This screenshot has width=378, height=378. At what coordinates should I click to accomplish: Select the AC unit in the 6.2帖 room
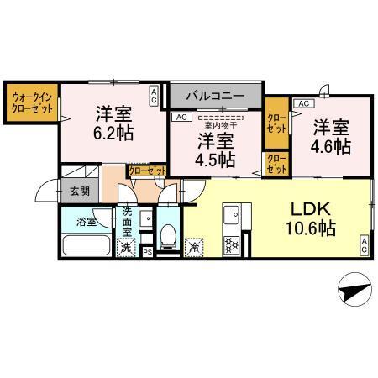154,97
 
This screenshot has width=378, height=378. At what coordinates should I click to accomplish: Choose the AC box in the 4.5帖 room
181,118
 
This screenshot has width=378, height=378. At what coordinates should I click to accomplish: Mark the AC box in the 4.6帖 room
303,103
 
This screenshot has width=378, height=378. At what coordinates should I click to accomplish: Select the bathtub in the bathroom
86,246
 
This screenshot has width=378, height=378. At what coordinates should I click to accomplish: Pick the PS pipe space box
147,251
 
